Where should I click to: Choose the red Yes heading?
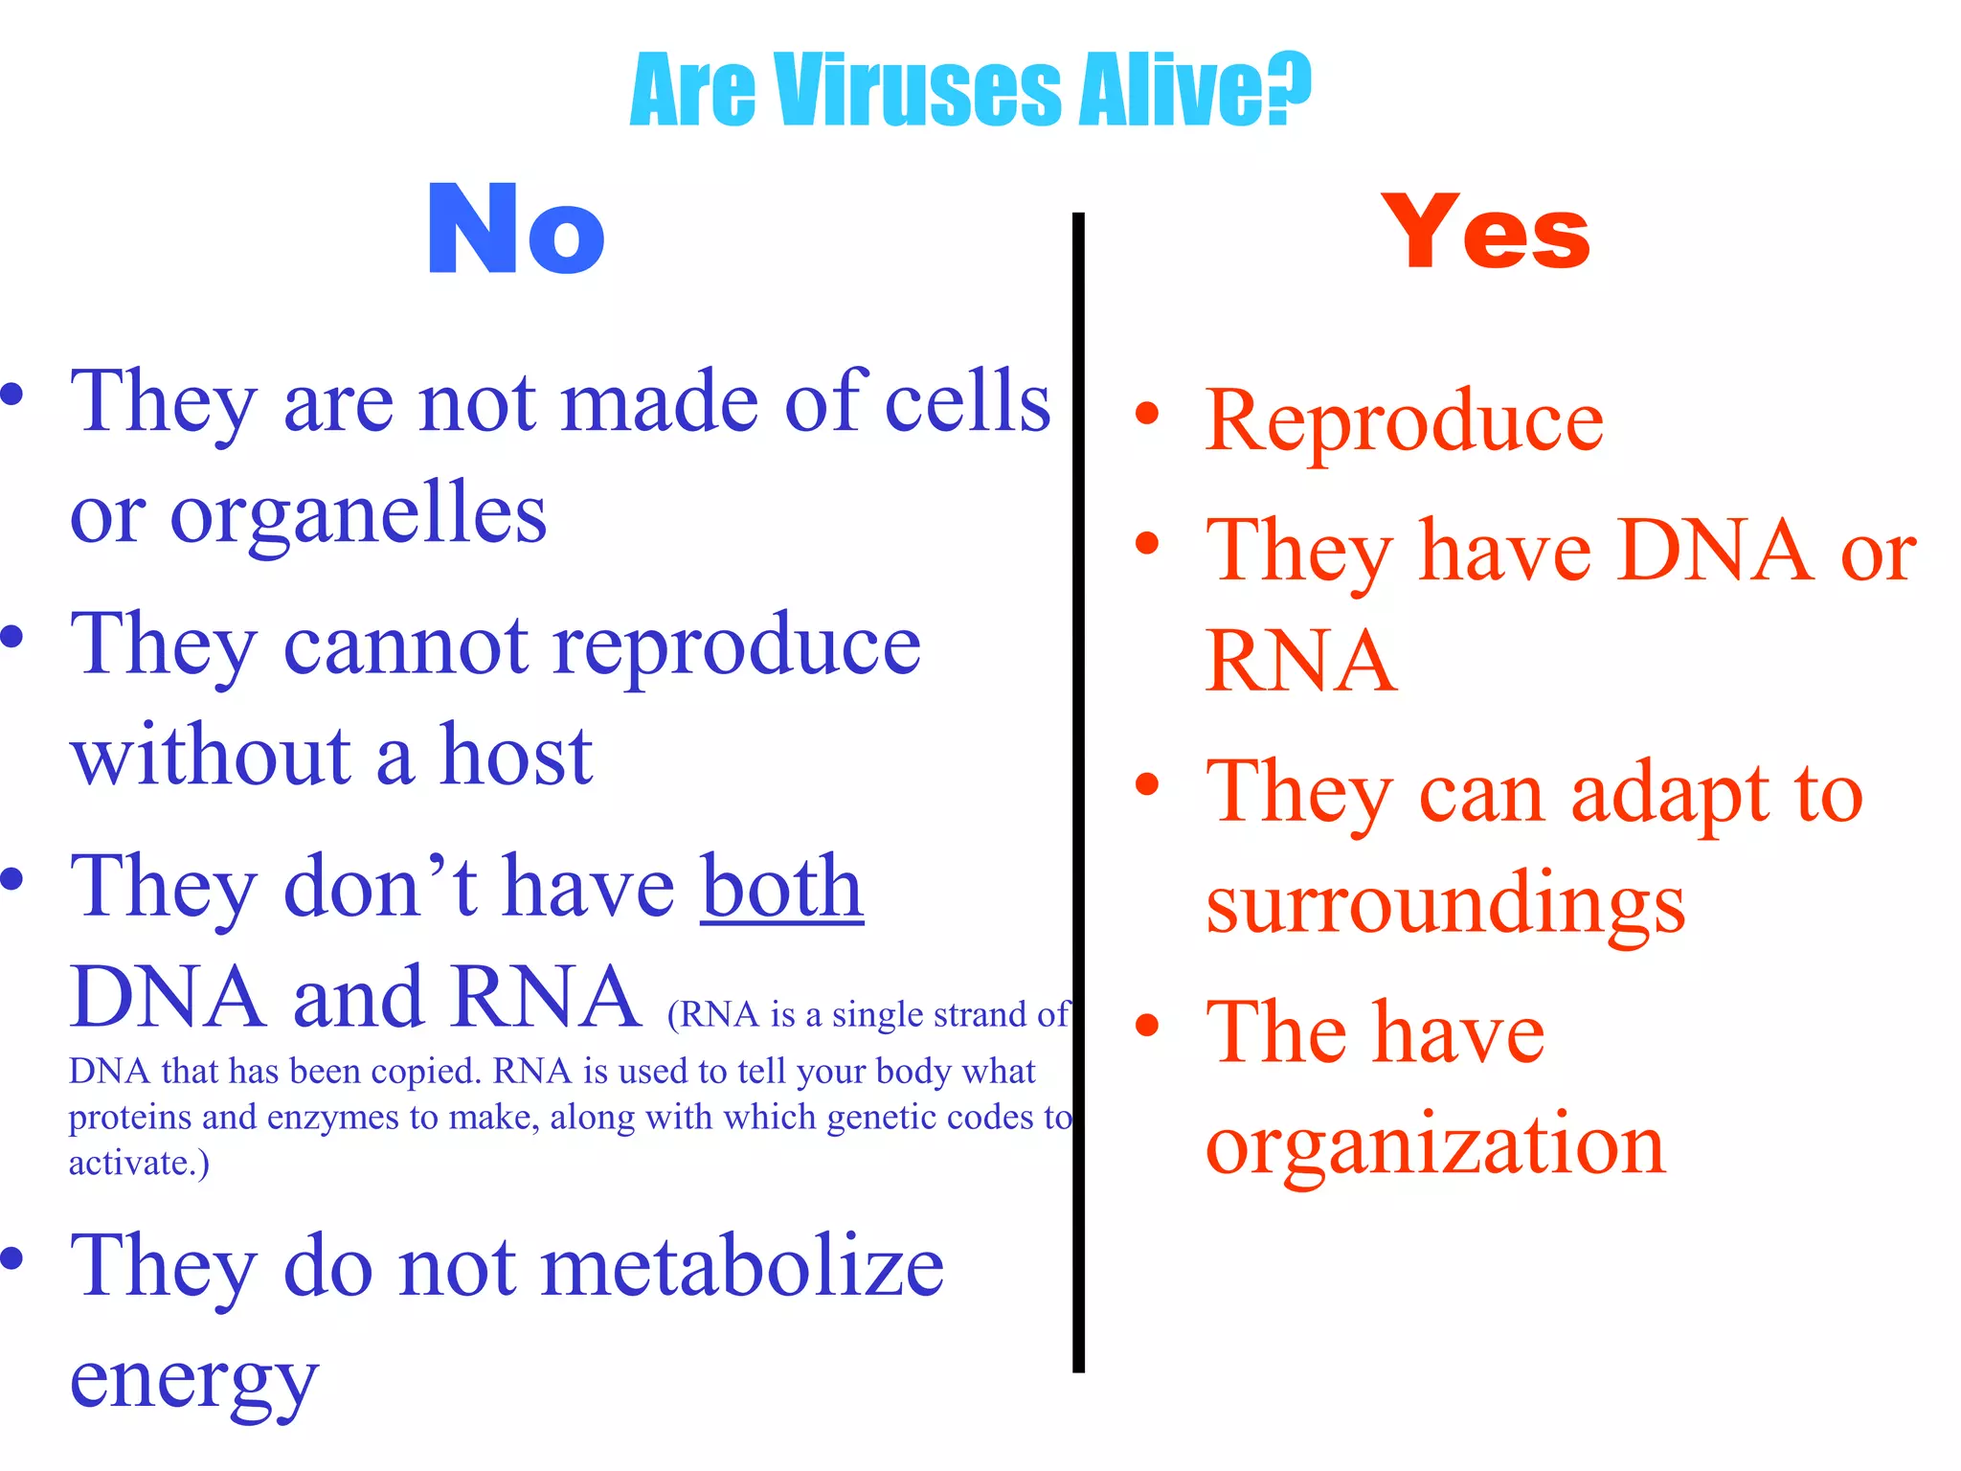[x=1485, y=232]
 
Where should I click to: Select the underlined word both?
[x=781, y=887]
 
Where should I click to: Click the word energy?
[x=193, y=1381]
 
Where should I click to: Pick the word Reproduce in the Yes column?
[x=1405, y=421]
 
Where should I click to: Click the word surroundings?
[x=1446, y=904]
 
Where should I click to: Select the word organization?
[x=1435, y=1145]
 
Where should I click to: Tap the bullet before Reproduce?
[x=1146, y=414]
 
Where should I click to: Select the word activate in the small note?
[x=132, y=1163]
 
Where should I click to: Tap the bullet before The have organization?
[x=1146, y=1026]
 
